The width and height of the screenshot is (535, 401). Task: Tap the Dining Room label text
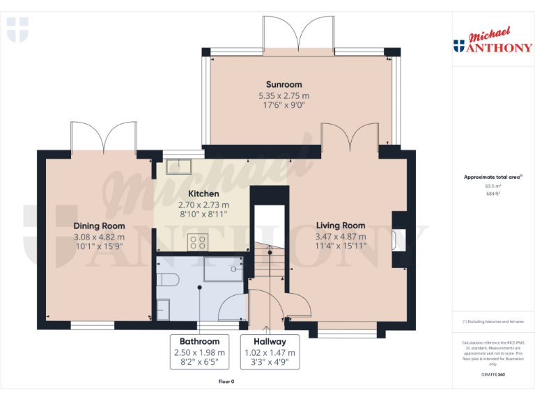click(99, 226)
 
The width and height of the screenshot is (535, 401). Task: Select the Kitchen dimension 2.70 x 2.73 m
click(203, 205)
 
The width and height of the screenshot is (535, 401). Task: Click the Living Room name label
click(341, 226)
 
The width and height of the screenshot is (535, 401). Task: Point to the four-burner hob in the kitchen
click(196, 242)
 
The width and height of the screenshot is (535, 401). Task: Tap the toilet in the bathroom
click(167, 279)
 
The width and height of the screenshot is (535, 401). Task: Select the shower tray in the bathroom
click(223, 271)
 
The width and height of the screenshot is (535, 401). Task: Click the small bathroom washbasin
click(163, 309)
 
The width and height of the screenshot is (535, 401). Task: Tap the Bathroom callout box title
click(200, 342)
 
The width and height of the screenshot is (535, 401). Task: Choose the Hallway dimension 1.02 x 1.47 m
click(270, 353)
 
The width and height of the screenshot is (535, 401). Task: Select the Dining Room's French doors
click(103, 136)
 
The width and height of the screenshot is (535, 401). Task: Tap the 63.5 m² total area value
click(493, 186)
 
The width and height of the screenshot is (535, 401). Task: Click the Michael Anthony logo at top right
click(493, 41)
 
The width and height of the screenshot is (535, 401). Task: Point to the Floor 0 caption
click(226, 382)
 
